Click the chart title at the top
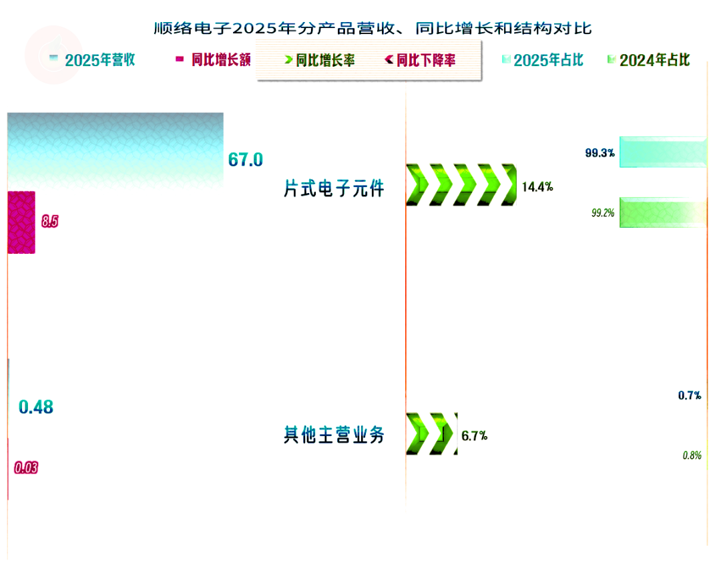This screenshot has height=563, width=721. pyautogui.click(x=373, y=28)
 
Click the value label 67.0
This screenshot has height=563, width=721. pyautogui.click(x=246, y=160)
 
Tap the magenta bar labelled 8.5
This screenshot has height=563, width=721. pyautogui.click(x=21, y=222)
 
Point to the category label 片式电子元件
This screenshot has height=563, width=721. pyautogui.click(x=334, y=189)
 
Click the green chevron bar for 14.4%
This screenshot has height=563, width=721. pyautogui.click(x=461, y=184)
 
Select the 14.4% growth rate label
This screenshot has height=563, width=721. pyautogui.click(x=537, y=187)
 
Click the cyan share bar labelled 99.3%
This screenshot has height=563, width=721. pyautogui.click(x=662, y=152)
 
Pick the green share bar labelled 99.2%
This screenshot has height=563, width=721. pyautogui.click(x=662, y=212)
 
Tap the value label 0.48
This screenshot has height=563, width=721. pyautogui.click(x=36, y=407)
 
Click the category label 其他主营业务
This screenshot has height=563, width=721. pyautogui.click(x=334, y=435)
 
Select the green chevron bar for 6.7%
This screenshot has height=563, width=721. pyautogui.click(x=431, y=434)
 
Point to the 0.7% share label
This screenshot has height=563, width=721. pyautogui.click(x=690, y=395)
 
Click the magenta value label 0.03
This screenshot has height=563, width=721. pyautogui.click(x=26, y=467)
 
